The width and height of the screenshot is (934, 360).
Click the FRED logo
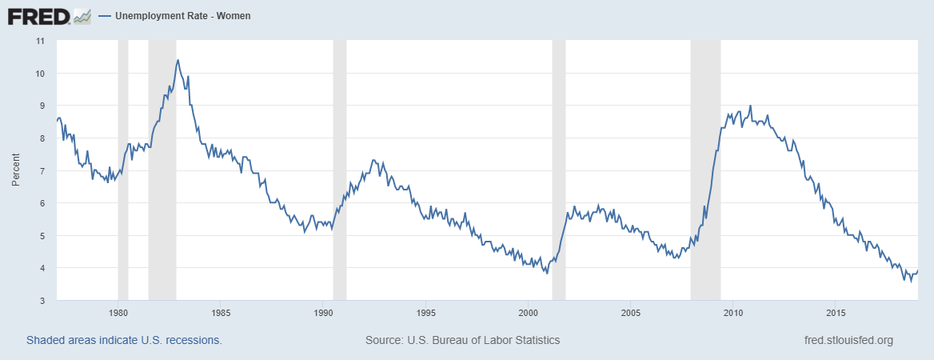click(x=38, y=16)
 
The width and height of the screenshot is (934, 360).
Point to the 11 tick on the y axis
click(x=41, y=40)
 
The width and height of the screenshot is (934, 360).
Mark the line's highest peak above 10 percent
click(x=178, y=60)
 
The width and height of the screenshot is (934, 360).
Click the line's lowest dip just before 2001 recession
click(x=547, y=274)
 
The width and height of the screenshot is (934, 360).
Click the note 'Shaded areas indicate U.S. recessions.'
click(x=124, y=340)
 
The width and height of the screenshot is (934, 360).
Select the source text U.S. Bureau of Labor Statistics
click(x=462, y=340)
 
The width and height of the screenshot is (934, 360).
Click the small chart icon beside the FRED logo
click(x=82, y=16)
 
